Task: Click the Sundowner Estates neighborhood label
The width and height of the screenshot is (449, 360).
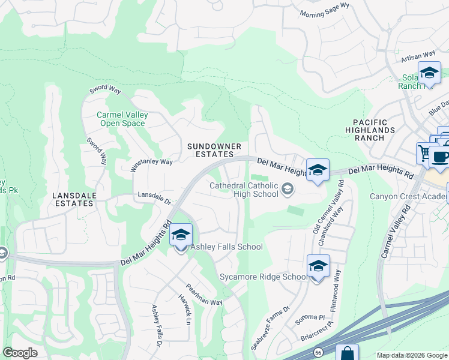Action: (214, 150)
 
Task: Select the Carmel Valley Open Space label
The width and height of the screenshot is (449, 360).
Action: (122, 119)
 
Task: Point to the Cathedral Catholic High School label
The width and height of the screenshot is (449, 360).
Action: (244, 190)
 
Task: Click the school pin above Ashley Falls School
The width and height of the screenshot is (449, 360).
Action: (181, 236)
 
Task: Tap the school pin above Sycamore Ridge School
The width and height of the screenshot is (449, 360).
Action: (318, 267)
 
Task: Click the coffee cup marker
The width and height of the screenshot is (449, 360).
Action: (441, 157)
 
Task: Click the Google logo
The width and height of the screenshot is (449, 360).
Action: (20, 353)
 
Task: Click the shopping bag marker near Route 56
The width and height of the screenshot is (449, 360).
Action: (347, 353)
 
